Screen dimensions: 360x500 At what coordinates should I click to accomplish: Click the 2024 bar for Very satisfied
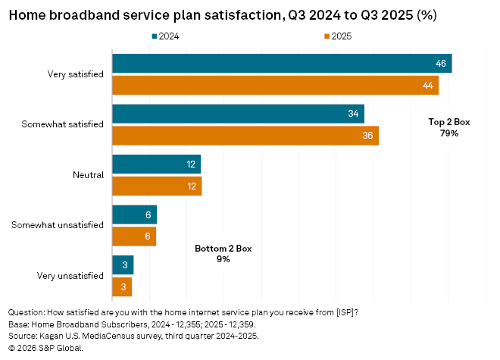tap(282, 64)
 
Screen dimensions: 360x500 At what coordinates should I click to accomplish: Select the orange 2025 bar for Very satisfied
tap(275, 86)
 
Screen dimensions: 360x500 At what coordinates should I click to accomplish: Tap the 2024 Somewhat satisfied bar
tap(238, 114)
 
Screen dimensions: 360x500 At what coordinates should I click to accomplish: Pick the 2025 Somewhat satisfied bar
tap(245, 136)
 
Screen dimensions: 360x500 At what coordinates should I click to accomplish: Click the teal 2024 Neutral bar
tap(156, 164)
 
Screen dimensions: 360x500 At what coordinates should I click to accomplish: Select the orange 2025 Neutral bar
tap(156, 186)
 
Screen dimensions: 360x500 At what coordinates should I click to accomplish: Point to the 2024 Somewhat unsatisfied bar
tap(134, 214)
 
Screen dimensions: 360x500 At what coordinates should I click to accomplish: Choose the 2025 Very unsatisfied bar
tap(122, 286)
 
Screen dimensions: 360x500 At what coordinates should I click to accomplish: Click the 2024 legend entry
tap(169, 36)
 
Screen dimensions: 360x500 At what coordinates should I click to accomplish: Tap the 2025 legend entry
tap(337, 36)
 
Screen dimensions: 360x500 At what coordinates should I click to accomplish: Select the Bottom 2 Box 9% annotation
tap(223, 253)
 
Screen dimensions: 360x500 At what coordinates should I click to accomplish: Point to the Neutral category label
tap(88, 175)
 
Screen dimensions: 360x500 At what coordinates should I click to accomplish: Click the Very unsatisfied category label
tap(70, 276)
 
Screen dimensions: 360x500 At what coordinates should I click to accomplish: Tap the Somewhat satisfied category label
tap(64, 124)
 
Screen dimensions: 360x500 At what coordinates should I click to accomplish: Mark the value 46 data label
tap(440, 64)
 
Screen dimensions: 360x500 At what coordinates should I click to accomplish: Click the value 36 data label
tap(367, 136)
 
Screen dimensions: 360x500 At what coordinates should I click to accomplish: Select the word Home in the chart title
tap(26, 14)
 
